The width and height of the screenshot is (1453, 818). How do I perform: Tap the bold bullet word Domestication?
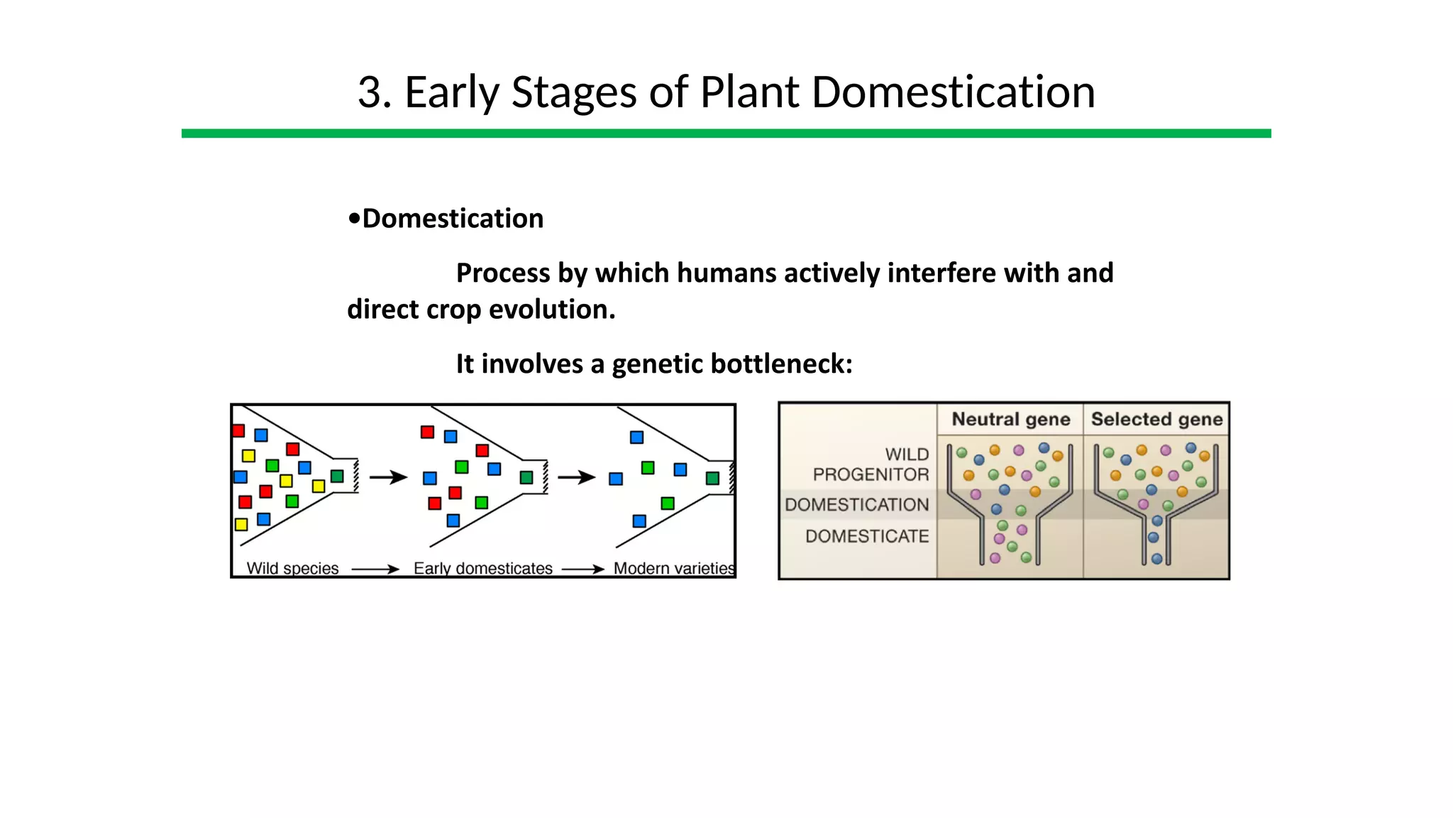[x=452, y=219]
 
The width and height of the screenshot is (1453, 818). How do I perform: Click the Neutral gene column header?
[x=1010, y=420]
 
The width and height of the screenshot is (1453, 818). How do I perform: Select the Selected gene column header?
[x=1156, y=420]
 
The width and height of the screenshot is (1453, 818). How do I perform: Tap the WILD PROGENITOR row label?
[x=871, y=464]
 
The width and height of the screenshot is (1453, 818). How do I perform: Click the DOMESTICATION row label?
[x=857, y=505]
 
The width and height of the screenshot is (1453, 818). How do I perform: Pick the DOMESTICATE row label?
[x=867, y=536]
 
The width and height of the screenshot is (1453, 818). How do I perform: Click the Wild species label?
[x=292, y=568]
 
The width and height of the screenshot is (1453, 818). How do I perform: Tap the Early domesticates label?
[x=482, y=568]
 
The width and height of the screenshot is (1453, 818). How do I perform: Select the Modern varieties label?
[x=673, y=568]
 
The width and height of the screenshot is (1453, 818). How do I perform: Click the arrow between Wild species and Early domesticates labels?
[x=375, y=569]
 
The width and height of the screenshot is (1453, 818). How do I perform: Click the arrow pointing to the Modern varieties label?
[x=582, y=569]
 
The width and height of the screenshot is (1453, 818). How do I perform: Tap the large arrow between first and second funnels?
[x=388, y=477]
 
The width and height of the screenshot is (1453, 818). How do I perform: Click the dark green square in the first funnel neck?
[x=338, y=476]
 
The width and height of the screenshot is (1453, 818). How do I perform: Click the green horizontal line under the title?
[x=726, y=133]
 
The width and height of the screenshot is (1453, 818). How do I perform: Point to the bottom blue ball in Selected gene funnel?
[x=1156, y=559]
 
